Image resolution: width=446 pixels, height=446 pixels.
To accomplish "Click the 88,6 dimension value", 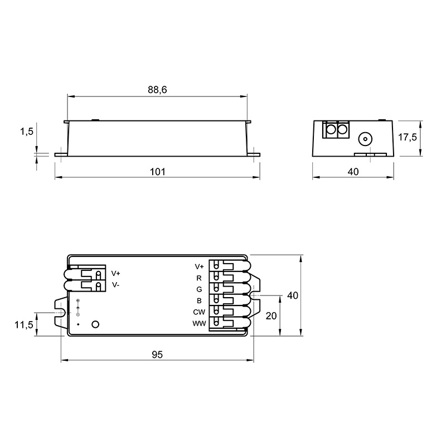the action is coord(157,90).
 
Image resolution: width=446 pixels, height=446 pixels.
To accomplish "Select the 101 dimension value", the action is coord(157,172).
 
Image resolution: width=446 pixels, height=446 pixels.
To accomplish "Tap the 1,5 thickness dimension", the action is coord(26,132).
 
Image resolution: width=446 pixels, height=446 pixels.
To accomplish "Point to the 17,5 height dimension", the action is coord(408,137).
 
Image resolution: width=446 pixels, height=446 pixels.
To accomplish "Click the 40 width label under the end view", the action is coord(353,172).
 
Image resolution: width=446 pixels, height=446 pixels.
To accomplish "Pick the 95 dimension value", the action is coord(157,355).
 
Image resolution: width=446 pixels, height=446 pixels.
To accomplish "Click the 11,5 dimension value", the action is coord(24,324).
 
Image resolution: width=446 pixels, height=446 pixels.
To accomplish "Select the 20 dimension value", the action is coord(271,316).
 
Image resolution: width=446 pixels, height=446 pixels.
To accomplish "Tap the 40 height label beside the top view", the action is coord(292,295).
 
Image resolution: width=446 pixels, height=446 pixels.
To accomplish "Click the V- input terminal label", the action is coord(115,285).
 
